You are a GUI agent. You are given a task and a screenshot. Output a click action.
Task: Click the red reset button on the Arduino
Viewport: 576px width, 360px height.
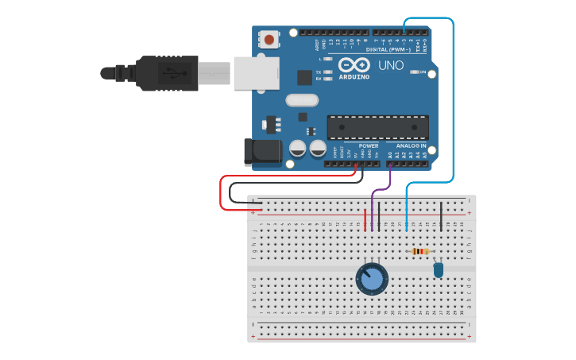[x=270, y=39]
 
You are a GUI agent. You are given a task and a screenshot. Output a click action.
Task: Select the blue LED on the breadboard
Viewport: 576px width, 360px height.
[x=438, y=270]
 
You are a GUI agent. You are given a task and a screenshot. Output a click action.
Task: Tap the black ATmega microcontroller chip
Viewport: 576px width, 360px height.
[x=377, y=127]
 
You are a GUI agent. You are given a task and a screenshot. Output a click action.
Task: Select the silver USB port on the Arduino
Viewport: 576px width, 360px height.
[x=257, y=72]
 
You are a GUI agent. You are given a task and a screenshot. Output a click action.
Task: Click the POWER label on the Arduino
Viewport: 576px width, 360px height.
[x=369, y=146]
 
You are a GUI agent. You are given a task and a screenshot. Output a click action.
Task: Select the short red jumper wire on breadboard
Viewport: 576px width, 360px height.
[x=365, y=219]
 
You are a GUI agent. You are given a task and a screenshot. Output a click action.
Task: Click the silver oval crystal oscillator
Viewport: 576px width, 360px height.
[x=302, y=100]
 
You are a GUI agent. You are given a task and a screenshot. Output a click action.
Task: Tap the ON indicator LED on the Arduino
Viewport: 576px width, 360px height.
[x=415, y=72]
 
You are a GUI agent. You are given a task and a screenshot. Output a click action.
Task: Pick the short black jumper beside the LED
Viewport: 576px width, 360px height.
[x=442, y=215]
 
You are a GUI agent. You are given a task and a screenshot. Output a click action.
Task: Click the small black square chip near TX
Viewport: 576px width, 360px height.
[x=304, y=77]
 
